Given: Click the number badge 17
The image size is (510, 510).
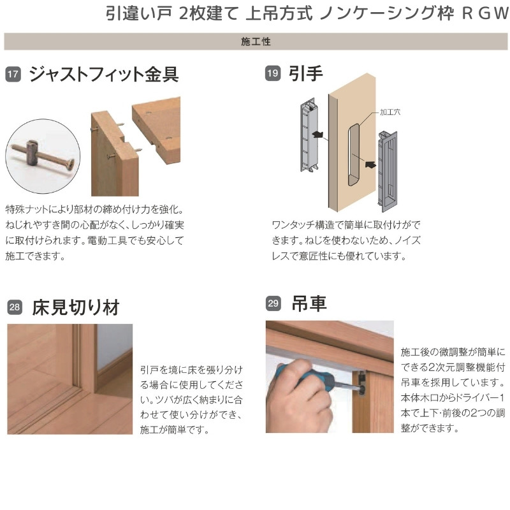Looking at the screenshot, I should (13, 75).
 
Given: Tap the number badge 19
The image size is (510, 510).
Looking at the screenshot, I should (272, 75).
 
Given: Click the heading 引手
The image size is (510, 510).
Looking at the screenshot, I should (306, 74).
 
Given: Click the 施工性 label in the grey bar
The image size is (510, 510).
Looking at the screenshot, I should (256, 41).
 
